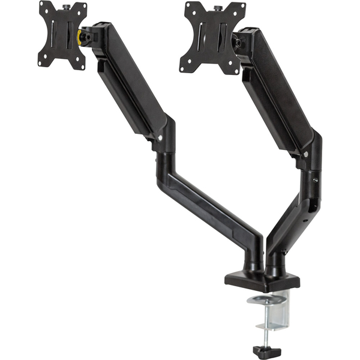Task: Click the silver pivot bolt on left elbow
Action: pyautogui.click(x=160, y=139)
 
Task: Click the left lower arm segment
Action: pyautogui.click(x=210, y=204)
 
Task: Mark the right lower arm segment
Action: pyautogui.click(x=294, y=210)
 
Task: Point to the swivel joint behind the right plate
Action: pyautogui.click(x=239, y=43)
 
